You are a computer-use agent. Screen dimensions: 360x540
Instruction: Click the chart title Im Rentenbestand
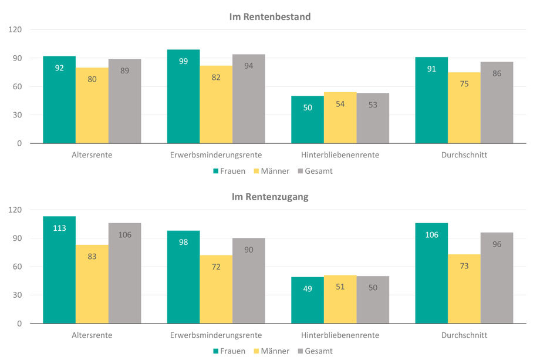tap(269, 16)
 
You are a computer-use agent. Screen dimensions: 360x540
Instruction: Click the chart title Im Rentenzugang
tap(269, 197)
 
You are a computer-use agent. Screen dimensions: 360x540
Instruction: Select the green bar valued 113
tap(59, 270)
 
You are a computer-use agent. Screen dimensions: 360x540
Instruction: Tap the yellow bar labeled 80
tap(92, 105)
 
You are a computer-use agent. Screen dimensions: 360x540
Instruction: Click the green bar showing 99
tap(183, 96)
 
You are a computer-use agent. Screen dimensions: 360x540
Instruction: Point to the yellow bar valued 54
tap(340, 117)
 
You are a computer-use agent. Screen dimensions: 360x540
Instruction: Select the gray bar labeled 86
tap(497, 102)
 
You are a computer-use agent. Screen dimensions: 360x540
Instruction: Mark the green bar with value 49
tap(308, 300)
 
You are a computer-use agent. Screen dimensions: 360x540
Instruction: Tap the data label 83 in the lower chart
tap(92, 256)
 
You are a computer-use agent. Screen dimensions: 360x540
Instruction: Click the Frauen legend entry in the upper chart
tap(228, 171)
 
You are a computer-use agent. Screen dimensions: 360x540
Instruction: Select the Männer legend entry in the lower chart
tap(271, 351)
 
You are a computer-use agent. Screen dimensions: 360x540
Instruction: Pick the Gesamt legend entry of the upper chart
tap(315, 171)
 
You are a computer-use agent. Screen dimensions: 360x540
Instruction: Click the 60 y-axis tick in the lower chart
tap(17, 267)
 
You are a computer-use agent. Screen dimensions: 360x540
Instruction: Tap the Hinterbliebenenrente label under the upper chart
tap(340, 155)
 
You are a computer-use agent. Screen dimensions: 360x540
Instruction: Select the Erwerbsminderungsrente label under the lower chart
tap(216, 335)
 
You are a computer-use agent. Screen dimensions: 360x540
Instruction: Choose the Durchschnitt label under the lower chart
tap(464, 335)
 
